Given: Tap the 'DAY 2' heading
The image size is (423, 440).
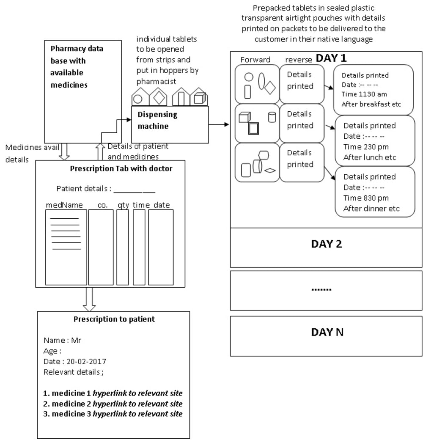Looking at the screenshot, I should tap(326, 244).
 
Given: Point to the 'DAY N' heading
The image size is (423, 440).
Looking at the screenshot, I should tap(327, 332).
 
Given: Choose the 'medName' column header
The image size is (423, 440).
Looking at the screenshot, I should tap(64, 205).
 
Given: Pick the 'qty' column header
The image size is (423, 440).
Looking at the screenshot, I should tap(123, 205).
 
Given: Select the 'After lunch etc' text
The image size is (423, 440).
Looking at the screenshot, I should tap(370, 157).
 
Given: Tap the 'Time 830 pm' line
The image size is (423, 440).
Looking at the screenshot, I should tap(366, 198).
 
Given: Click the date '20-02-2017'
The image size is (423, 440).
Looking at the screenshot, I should tap(84, 362).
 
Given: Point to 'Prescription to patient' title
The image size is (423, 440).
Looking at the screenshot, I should tap(114, 319).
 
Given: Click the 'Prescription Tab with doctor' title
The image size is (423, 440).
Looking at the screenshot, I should tap(121, 168).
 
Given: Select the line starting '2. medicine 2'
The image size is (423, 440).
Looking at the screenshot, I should tap(113, 404).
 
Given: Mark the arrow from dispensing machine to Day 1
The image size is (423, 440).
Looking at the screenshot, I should tap(219, 124).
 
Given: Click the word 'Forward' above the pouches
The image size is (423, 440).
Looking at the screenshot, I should tap(255, 60).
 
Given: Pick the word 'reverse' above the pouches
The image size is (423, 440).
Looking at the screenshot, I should tap(299, 60).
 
